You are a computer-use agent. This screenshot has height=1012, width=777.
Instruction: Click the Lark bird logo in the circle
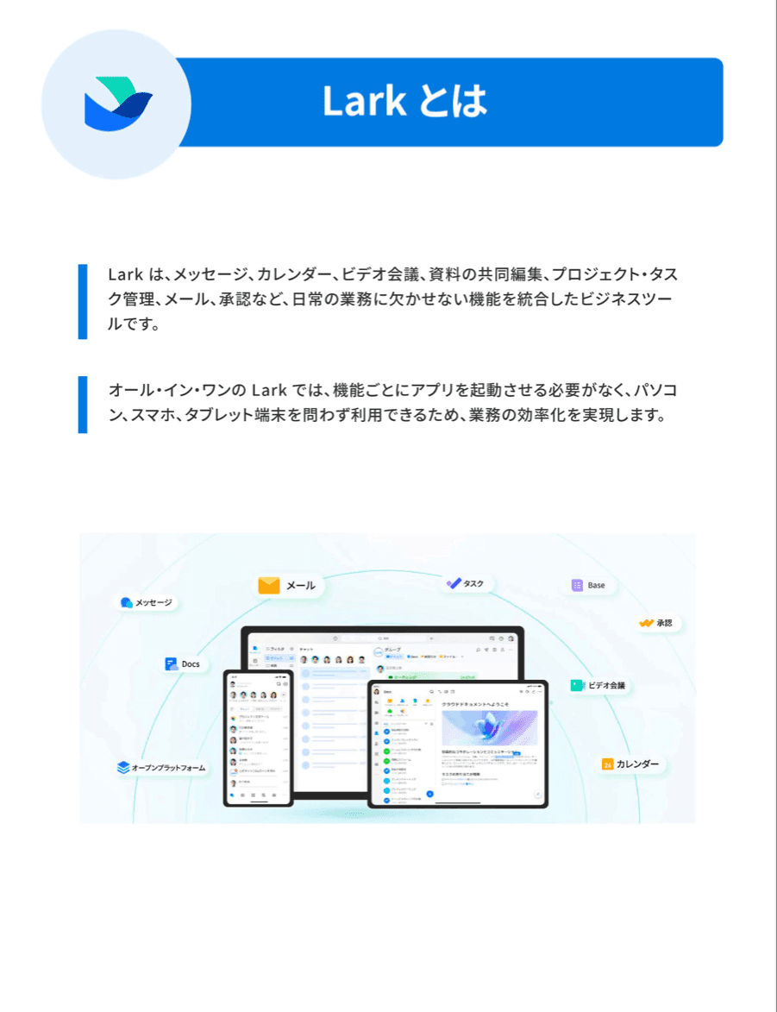(117, 104)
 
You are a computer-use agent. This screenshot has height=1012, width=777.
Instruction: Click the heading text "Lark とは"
(404, 102)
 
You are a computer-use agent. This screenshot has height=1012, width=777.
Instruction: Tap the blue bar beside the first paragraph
(83, 301)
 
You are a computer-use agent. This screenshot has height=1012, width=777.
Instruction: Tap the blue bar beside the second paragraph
(83, 404)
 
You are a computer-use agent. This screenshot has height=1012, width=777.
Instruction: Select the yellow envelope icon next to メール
(269, 585)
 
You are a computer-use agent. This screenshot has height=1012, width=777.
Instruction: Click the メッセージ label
(154, 602)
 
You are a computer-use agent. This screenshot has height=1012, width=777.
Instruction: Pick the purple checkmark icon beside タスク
(454, 583)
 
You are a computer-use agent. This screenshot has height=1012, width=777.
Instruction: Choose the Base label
(596, 585)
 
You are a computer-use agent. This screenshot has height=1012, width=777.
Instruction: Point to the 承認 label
(663, 622)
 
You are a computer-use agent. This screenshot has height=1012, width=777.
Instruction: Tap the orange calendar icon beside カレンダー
(607, 764)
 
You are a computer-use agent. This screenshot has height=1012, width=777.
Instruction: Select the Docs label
(190, 664)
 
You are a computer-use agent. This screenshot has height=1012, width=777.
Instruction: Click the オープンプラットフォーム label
(168, 767)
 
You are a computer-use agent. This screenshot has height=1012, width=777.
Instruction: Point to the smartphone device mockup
(258, 738)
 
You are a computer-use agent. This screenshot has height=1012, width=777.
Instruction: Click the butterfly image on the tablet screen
(489, 728)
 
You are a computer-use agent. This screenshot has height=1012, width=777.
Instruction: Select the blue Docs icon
(171, 664)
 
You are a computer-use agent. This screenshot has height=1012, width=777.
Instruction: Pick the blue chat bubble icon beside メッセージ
(127, 602)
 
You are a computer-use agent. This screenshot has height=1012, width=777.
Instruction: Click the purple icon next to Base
(577, 585)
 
